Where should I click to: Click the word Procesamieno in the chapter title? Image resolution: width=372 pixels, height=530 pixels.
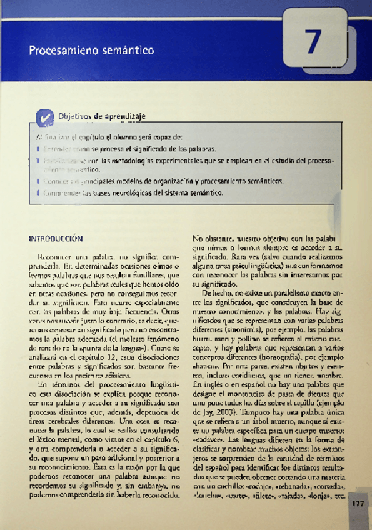pyautogui.click(x=55, y=49)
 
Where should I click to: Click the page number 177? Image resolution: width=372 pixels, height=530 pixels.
pyautogui.click(x=358, y=504)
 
